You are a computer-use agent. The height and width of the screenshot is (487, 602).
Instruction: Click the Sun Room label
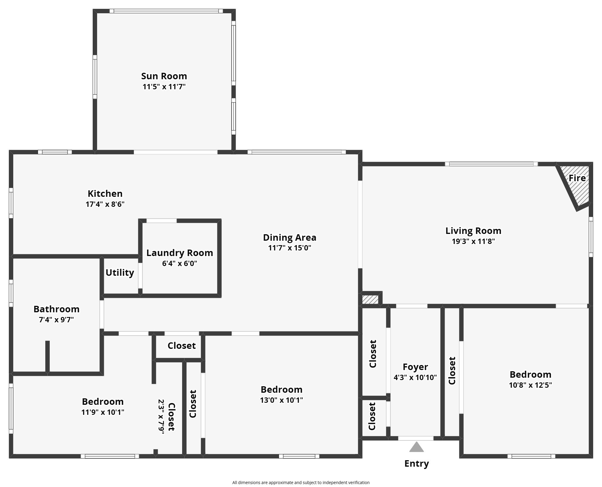click(164, 76)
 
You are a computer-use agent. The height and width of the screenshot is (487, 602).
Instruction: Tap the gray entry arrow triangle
click(416, 447)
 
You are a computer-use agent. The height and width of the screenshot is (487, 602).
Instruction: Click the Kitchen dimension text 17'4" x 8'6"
click(105, 204)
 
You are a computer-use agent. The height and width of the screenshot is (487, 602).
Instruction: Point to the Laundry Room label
click(179, 253)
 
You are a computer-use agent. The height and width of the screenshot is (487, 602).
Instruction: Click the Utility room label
click(120, 273)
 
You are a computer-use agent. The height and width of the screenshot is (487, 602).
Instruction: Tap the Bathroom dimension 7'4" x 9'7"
click(56, 320)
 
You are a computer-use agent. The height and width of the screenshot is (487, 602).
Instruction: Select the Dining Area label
click(290, 237)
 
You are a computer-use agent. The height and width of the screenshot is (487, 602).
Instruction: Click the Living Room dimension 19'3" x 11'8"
click(473, 241)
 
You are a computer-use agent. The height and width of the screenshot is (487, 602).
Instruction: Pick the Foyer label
click(415, 367)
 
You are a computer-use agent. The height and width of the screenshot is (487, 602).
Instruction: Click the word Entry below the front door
click(416, 463)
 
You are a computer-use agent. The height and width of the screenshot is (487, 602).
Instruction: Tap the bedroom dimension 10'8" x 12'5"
click(530, 385)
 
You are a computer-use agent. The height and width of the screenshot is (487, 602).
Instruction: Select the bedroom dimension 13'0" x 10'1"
click(281, 400)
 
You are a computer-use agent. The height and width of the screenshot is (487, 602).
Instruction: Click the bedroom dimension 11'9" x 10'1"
click(103, 412)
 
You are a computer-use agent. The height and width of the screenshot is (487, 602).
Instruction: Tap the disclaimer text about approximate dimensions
click(301, 483)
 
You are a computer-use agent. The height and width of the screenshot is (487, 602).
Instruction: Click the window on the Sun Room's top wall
click(166, 11)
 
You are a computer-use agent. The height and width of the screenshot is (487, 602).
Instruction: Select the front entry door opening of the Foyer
click(415, 438)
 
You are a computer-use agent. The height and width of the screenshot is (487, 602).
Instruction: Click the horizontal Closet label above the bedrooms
click(182, 346)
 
